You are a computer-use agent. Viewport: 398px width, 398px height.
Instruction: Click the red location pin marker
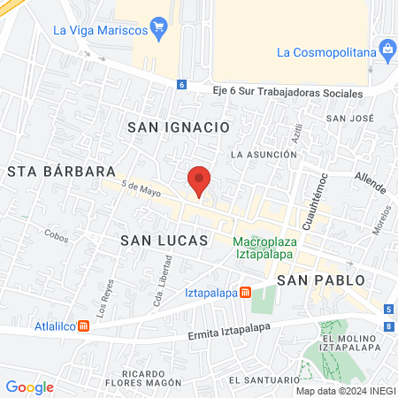tap(200, 181)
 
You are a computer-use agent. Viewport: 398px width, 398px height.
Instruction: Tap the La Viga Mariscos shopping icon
tap(159, 27)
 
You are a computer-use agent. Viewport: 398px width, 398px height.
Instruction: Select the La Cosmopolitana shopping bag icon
tap(386, 50)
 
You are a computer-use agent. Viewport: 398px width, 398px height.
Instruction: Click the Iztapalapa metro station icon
tap(245, 292)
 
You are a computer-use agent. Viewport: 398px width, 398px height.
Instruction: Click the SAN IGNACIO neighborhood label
tap(179, 127)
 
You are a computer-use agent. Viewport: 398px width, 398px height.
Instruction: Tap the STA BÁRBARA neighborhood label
tap(62, 171)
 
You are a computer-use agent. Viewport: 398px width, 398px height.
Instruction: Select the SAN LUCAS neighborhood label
tap(164, 241)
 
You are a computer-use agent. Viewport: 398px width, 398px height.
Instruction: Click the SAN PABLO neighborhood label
tap(320, 279)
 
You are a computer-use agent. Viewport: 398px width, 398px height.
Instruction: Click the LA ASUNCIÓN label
tap(264, 154)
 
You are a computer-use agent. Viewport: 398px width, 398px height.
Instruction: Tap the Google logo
tap(29, 387)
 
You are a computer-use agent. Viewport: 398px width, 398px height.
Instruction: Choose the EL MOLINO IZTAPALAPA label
tap(351, 344)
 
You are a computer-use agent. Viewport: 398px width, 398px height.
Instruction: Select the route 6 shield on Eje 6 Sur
tap(181, 85)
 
